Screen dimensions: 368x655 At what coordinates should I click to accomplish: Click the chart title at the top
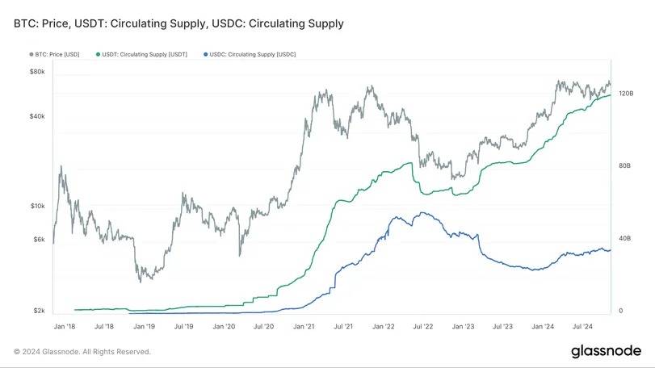pos(178,23)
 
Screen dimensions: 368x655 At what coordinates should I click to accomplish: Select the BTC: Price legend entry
pos(57,54)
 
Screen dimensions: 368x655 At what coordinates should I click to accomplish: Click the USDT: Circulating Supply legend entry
pos(145,54)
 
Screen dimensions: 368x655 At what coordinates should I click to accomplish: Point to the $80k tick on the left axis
pos(37,72)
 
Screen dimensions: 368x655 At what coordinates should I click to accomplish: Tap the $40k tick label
pos(37,116)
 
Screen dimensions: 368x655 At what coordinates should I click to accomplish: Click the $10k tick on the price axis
pos(37,206)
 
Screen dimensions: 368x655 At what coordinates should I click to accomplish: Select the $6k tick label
pos(39,239)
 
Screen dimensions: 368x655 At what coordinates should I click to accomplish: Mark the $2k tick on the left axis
pos(39,311)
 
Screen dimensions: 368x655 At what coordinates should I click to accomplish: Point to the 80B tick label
pos(624,165)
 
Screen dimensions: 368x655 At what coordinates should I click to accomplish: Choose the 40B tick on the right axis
pos(624,238)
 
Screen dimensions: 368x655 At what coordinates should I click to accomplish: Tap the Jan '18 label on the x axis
pos(65,326)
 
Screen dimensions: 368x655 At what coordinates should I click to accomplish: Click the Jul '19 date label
pos(184,326)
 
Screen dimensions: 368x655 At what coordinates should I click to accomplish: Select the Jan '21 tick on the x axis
pos(304,326)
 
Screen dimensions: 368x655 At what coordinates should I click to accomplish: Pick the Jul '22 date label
pos(423,326)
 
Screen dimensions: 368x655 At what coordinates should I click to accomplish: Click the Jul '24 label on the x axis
pos(583,326)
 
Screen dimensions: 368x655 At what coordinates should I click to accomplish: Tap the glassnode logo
pos(606,351)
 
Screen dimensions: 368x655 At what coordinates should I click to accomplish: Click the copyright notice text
pos(82,351)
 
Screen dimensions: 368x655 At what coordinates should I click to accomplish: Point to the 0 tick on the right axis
pos(619,311)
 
